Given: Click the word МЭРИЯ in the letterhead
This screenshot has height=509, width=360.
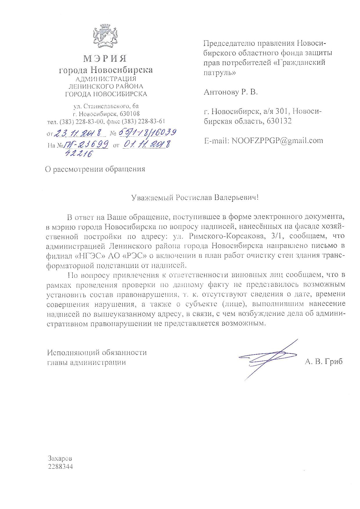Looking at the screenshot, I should pyautogui.click(x=105, y=59).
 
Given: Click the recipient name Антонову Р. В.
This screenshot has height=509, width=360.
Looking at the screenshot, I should pyautogui.click(x=231, y=92).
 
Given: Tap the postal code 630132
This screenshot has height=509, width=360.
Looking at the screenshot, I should pyautogui.click(x=279, y=121).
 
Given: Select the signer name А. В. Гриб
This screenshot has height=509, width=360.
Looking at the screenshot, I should pyautogui.click(x=324, y=362).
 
